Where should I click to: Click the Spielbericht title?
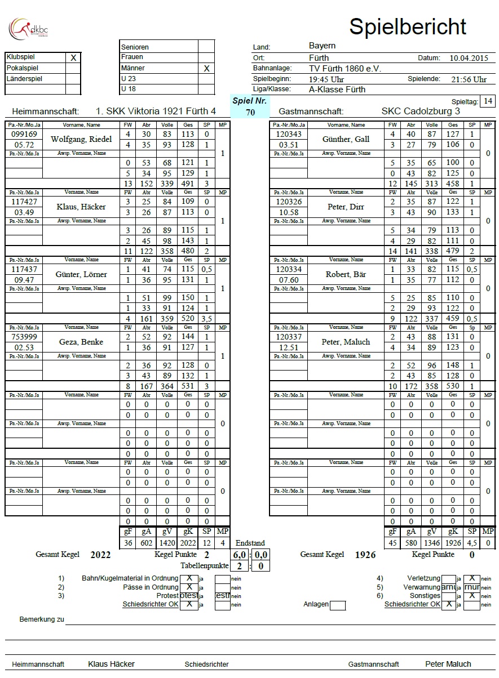[408, 26]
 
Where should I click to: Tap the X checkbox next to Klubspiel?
[73, 57]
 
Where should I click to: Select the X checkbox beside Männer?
[206, 68]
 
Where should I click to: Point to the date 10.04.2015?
[468, 58]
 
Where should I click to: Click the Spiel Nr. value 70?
[251, 112]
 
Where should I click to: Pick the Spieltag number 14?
[488, 101]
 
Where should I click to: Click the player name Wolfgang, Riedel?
[81, 139]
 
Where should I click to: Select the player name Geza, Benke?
[81, 342]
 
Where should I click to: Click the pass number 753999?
[24, 337]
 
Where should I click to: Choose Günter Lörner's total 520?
[188, 318]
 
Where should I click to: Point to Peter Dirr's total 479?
[452, 251]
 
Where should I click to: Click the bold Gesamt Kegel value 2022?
[100, 555]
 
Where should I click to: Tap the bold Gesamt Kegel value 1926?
[365, 555]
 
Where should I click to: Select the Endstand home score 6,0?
[240, 555]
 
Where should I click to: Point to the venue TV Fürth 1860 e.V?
[345, 68]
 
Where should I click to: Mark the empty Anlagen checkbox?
[337, 605]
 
